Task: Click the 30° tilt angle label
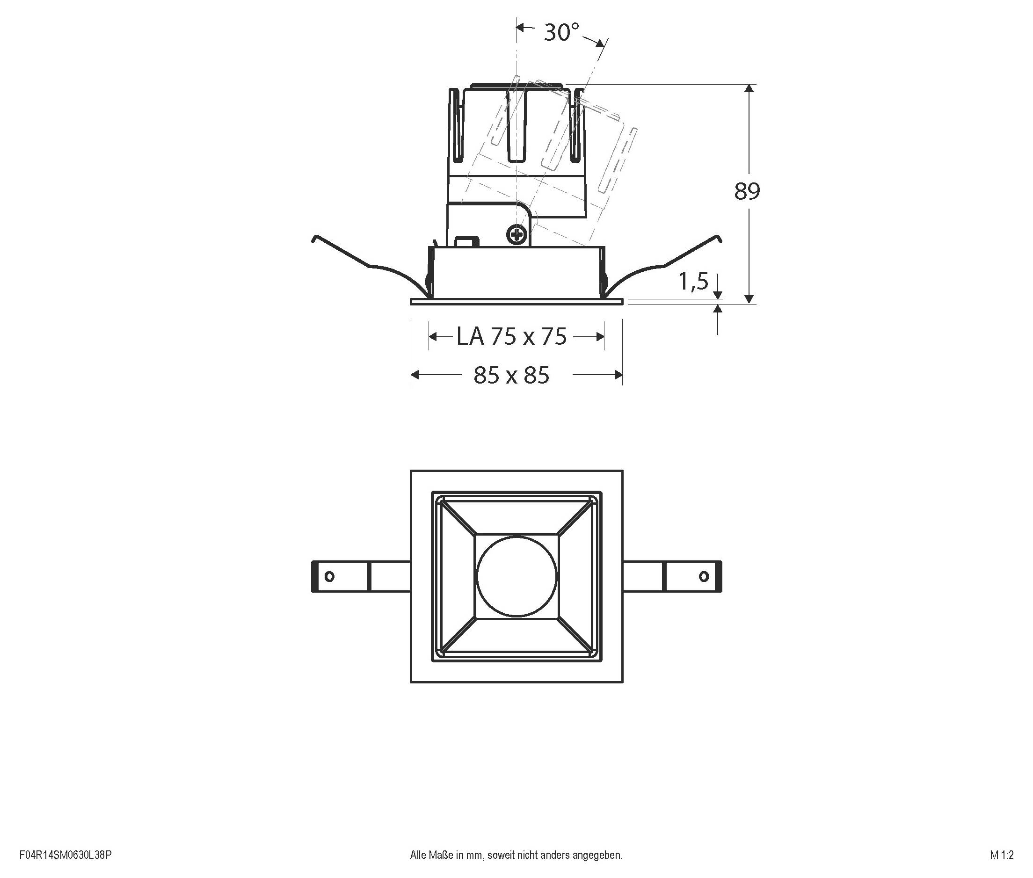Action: [x=561, y=33]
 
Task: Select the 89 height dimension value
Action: [x=747, y=192]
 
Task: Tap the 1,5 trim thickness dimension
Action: [x=693, y=282]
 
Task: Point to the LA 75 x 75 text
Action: [x=512, y=337]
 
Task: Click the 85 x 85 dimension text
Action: [x=511, y=375]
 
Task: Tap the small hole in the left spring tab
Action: [x=329, y=576]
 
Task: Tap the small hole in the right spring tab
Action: [x=704, y=576]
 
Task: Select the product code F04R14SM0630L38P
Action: [x=65, y=855]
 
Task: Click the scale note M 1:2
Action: [x=1002, y=855]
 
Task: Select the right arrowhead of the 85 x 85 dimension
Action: [x=618, y=375]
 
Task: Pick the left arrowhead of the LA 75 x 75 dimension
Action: [x=433, y=337]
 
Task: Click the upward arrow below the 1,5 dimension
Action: [x=717, y=310]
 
